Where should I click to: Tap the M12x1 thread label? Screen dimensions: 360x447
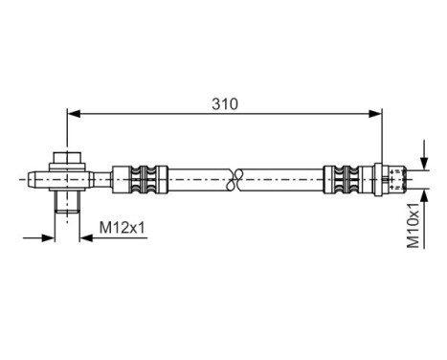pos(122,227)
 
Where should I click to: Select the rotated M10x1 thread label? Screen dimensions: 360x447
pos(413,224)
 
